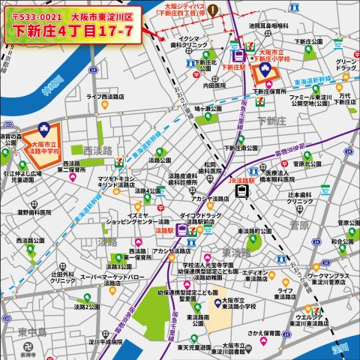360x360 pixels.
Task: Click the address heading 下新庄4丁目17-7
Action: click(73, 31)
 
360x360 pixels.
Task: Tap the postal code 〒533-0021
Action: click(38, 15)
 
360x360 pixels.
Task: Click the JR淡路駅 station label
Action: click(242, 181)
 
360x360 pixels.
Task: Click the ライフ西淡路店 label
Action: click(104, 97)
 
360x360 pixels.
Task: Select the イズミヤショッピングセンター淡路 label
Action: click(136, 220)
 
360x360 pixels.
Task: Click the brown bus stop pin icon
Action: click(213, 10)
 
